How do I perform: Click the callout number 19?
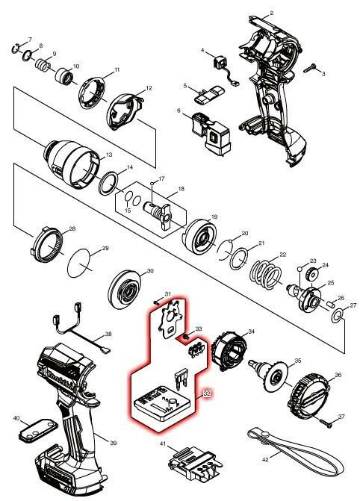tap(214, 217)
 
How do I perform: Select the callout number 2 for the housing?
tap(271, 13)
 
